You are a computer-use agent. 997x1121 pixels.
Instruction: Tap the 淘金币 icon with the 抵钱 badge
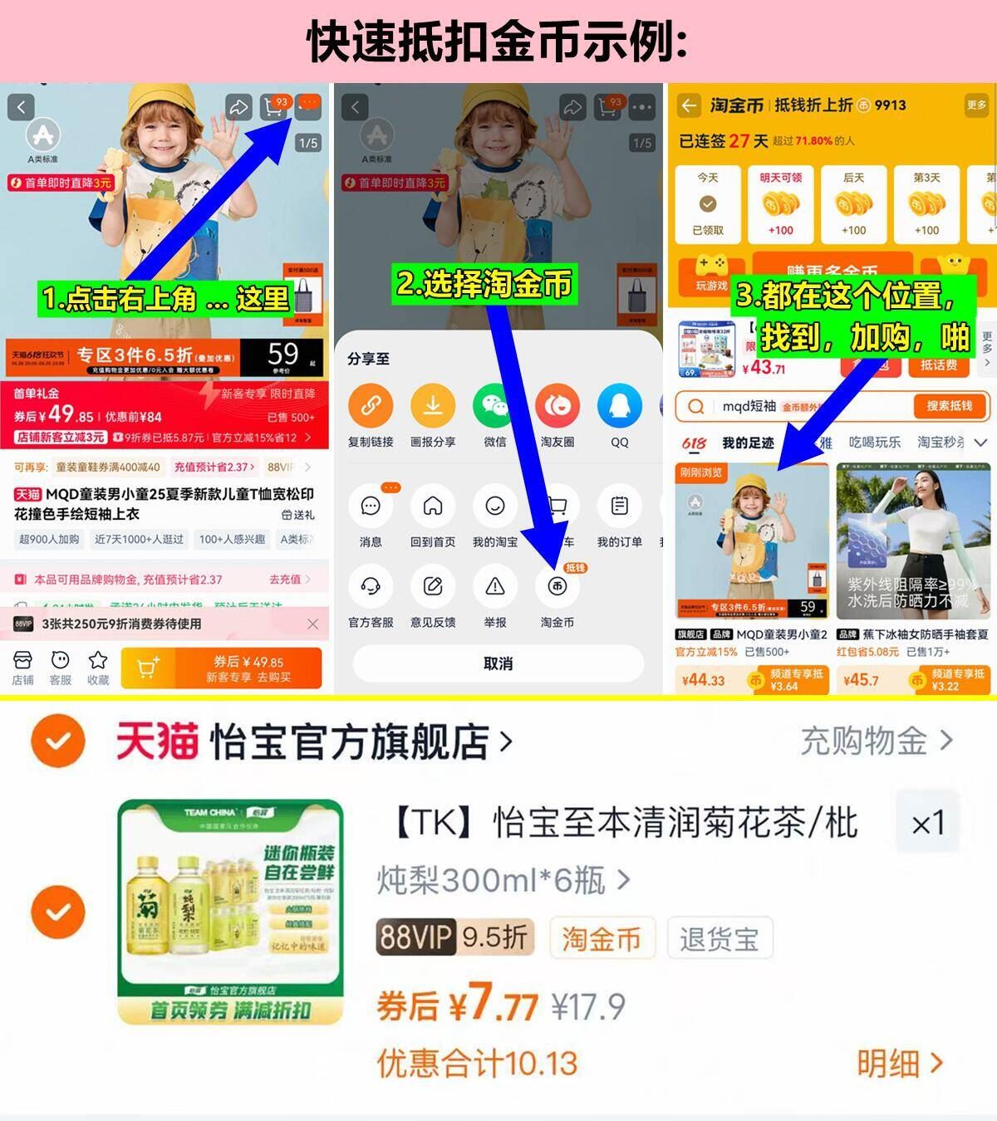tap(557, 587)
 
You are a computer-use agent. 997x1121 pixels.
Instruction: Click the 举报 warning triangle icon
tap(495, 587)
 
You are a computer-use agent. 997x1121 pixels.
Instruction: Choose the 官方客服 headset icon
tap(371, 587)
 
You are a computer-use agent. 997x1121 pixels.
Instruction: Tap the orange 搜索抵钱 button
tap(948, 406)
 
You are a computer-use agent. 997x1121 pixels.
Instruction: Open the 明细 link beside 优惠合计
tap(899, 1063)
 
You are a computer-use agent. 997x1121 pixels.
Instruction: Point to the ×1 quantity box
tap(927, 824)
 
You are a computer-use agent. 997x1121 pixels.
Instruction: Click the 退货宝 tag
tap(720, 939)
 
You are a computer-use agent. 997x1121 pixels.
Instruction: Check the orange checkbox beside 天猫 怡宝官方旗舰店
tap(58, 741)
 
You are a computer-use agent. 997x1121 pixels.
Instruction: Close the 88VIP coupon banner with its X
tap(312, 624)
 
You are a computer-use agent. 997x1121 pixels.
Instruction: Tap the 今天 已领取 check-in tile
tap(708, 204)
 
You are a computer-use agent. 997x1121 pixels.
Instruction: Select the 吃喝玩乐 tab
tap(874, 443)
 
